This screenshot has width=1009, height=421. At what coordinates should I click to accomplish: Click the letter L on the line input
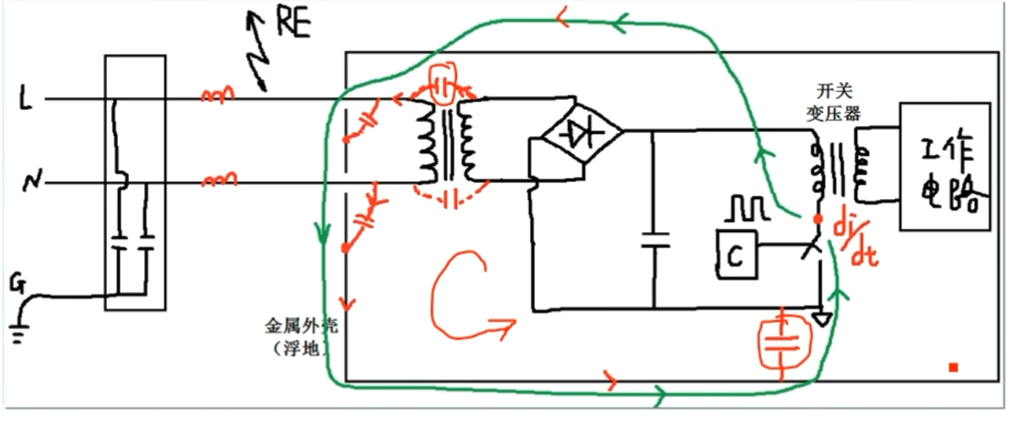(26, 101)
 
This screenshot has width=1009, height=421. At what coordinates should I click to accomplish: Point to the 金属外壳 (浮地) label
(295, 337)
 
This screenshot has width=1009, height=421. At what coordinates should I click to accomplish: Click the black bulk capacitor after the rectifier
(654, 239)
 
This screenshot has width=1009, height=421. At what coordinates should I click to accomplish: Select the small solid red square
(952, 367)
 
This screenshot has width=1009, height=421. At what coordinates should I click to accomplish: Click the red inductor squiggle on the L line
(217, 95)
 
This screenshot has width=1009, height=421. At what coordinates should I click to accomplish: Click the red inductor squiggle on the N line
(217, 181)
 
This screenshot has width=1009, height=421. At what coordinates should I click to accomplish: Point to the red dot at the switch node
(819, 218)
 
